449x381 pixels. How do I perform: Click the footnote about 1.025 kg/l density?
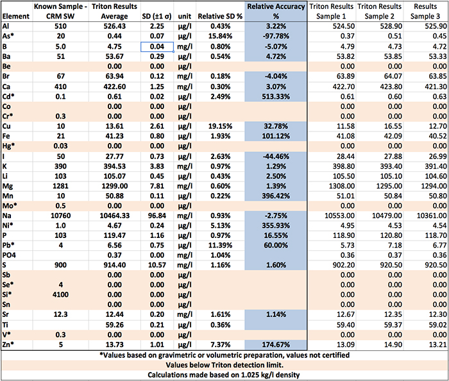(x=224, y=374)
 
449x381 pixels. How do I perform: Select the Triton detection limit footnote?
(x=224, y=362)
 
